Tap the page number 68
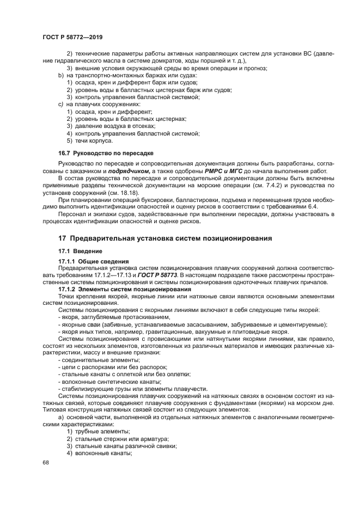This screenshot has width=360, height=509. (x=45, y=462)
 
